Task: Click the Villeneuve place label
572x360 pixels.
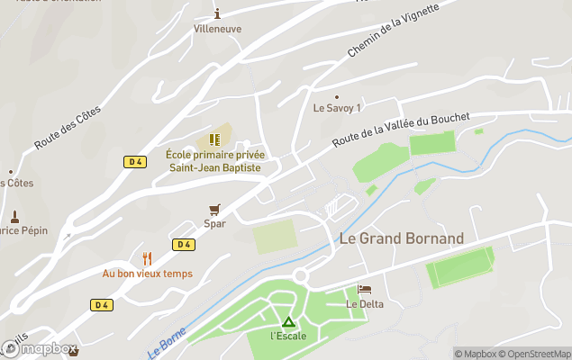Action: [217, 28]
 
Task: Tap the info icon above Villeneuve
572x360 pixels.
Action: [217, 13]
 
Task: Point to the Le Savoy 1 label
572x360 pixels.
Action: [337, 108]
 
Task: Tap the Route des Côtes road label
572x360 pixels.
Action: [68, 127]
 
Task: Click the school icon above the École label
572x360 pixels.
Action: [214, 139]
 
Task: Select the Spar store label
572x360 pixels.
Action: [214, 224]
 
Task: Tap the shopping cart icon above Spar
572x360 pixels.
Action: [214, 209]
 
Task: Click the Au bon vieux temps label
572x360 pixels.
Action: [147, 274]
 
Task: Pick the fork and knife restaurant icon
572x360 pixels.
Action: [147, 258]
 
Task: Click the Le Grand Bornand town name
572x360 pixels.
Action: [401, 239]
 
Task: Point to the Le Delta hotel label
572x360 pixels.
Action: [365, 304]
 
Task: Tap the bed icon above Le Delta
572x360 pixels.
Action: [364, 289]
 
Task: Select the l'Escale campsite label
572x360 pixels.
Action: [288, 337]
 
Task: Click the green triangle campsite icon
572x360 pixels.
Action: [288, 321]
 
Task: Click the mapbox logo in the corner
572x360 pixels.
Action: [40, 348]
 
